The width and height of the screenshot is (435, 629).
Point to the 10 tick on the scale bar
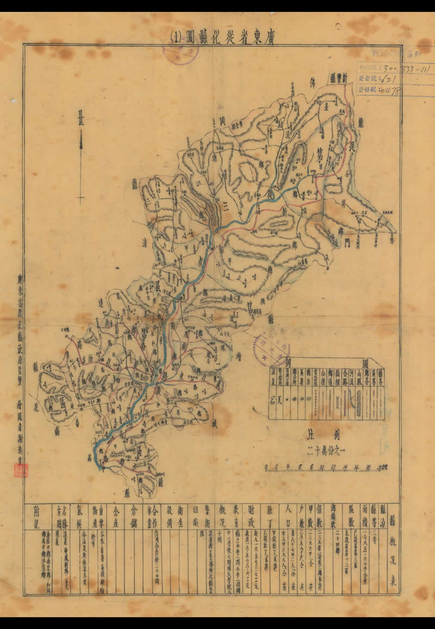point(322,467)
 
